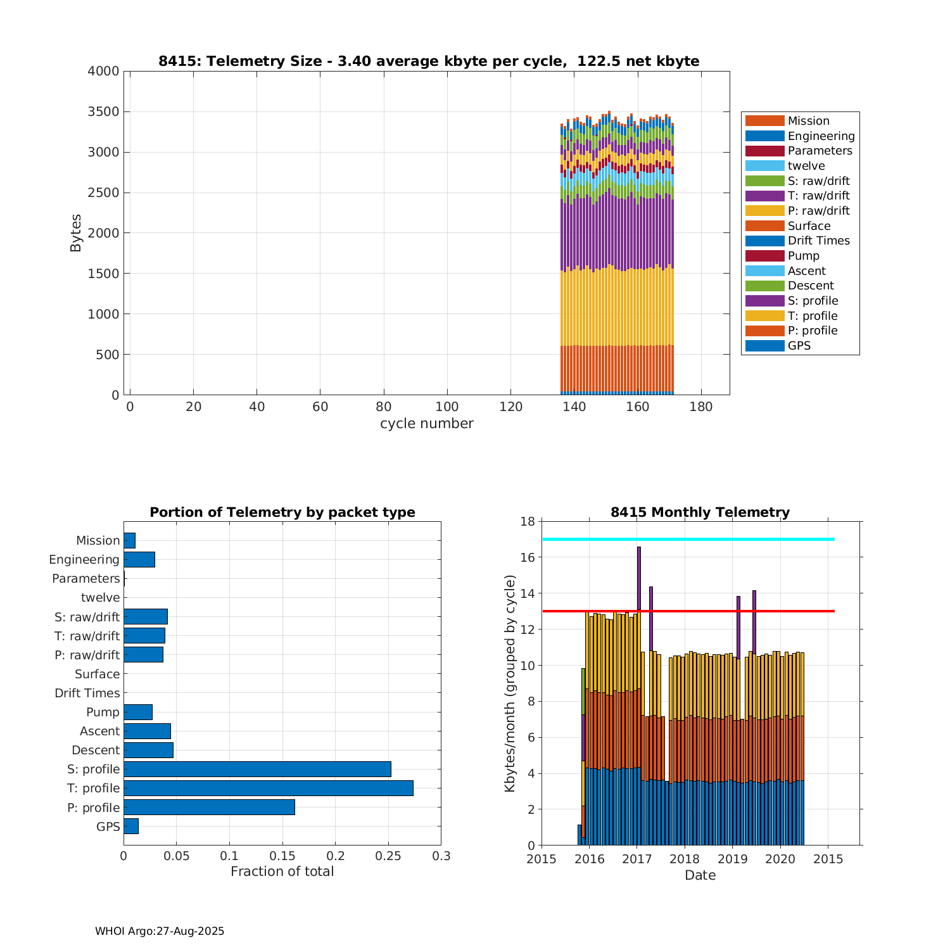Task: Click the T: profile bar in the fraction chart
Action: [268, 788]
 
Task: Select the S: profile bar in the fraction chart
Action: [257, 769]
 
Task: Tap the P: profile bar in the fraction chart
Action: [209, 807]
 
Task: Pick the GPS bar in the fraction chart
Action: [131, 826]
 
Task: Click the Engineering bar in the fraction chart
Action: [139, 559]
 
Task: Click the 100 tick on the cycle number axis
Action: [447, 407]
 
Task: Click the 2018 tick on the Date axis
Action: [685, 859]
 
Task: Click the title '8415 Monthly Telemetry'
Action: [700, 512]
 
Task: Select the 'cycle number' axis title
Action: [426, 424]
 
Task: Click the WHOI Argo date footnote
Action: [160, 931]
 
